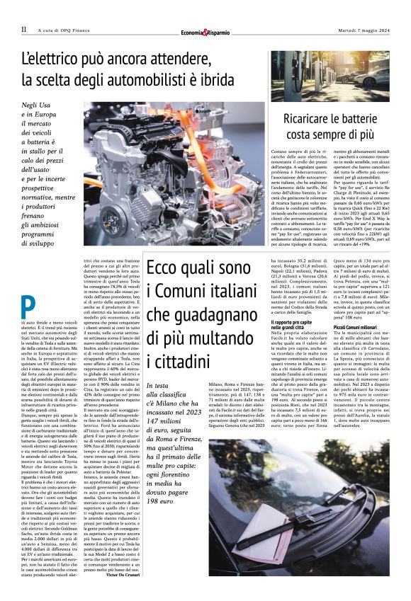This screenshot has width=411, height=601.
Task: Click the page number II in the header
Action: pos(24,29)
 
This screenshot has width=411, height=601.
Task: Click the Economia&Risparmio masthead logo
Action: pos(205,30)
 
